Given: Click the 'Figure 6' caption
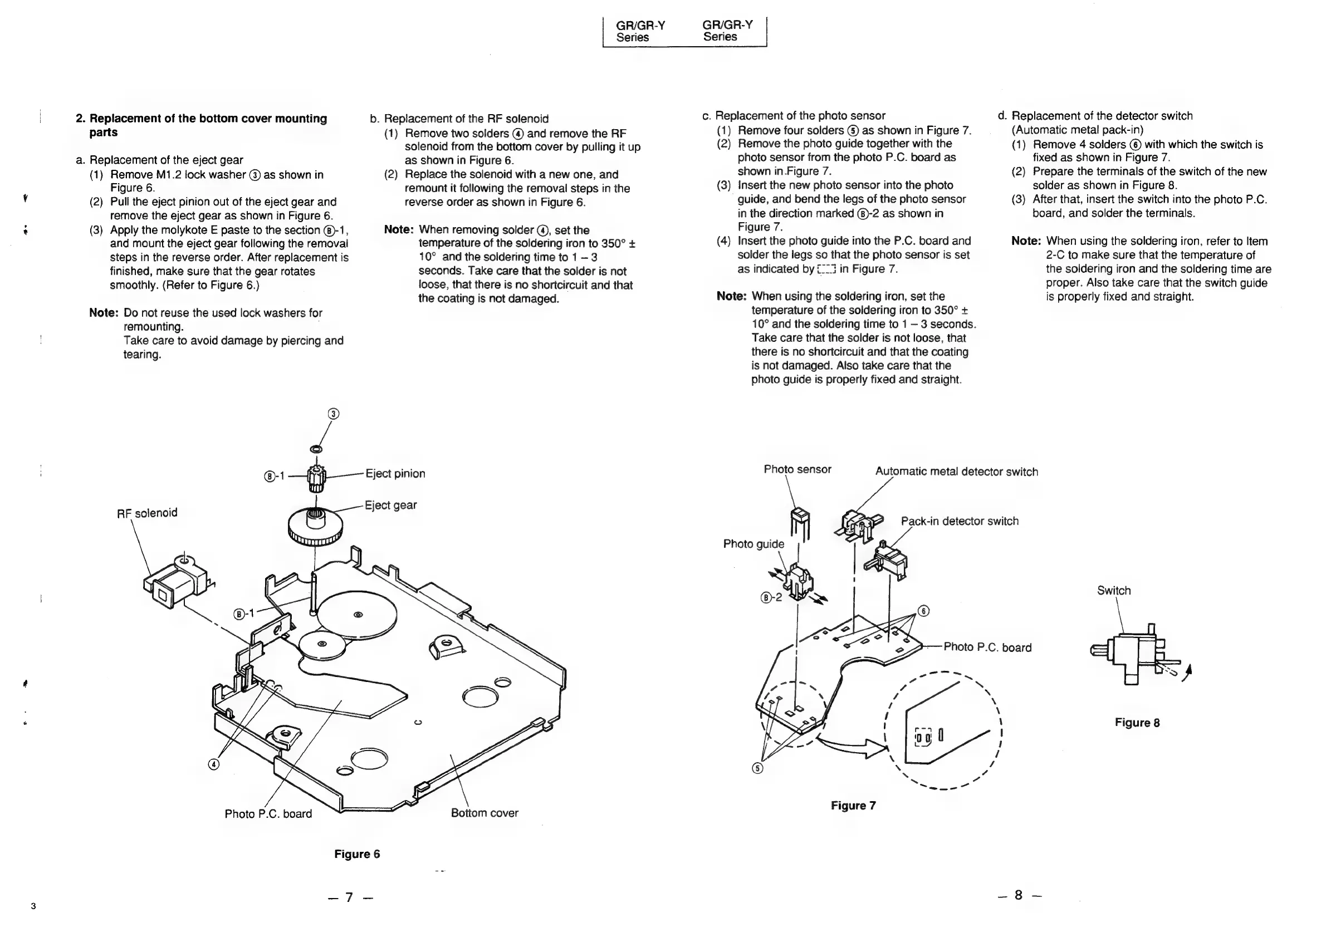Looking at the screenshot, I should [x=357, y=854].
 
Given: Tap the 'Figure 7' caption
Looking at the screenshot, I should [x=853, y=806].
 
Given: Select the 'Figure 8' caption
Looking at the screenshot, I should [x=1137, y=723].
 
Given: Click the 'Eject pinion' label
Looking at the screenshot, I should [x=395, y=474].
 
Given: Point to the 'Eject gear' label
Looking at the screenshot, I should [x=390, y=505].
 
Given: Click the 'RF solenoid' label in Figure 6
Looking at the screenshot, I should [x=146, y=513].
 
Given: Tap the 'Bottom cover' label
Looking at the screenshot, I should [x=484, y=813].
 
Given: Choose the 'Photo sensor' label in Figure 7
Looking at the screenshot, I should [x=797, y=469].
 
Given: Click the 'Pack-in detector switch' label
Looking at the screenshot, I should [x=959, y=521].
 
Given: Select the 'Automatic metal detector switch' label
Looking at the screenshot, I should [x=956, y=472].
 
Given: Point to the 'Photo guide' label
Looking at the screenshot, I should [x=753, y=544].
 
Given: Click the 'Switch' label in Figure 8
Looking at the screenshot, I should [x=1113, y=591].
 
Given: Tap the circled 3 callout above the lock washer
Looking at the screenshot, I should [x=333, y=414].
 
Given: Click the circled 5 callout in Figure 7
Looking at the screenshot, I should [x=758, y=768].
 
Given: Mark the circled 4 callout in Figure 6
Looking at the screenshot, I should [x=214, y=765].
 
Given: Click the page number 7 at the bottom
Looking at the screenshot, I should [x=349, y=896].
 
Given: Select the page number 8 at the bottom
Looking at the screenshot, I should [x=1018, y=895].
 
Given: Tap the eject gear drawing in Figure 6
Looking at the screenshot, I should [x=315, y=527].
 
